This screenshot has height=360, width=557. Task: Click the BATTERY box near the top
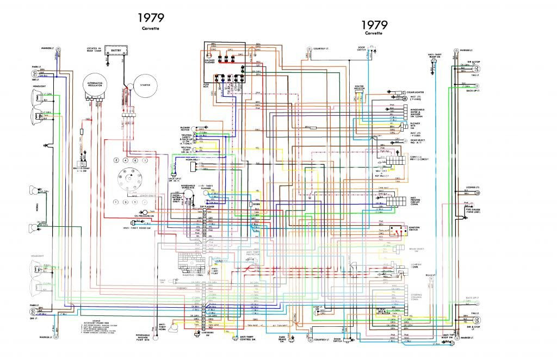pos(115,51)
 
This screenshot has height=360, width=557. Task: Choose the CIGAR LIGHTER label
pos(415,92)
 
